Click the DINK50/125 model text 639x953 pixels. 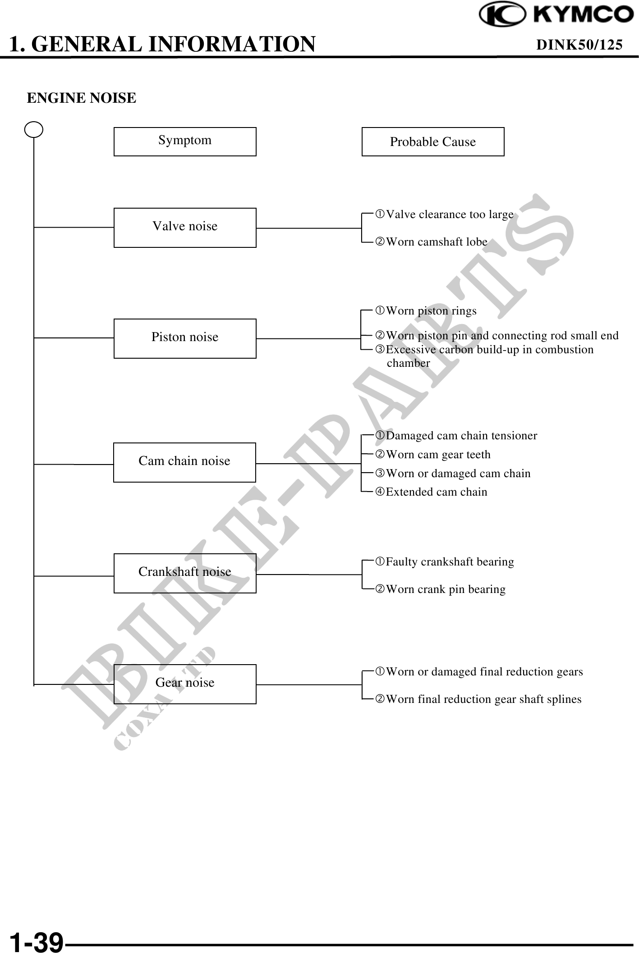(x=579, y=44)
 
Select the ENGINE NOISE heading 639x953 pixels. (x=82, y=98)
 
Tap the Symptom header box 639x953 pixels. (x=185, y=141)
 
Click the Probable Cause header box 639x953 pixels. (x=433, y=141)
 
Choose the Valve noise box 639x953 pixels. (x=185, y=228)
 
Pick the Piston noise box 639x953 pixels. (x=185, y=338)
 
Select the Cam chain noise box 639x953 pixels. (x=184, y=462)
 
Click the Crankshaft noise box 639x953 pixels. (x=185, y=573)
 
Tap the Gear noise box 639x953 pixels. (x=185, y=684)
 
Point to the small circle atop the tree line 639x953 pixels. (x=34, y=130)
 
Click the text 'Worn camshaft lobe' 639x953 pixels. (x=437, y=242)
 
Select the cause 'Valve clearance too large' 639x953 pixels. (x=450, y=214)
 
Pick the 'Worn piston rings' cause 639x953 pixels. (x=431, y=311)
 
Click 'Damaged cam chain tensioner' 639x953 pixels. (x=461, y=436)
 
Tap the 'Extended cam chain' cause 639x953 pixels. (x=437, y=492)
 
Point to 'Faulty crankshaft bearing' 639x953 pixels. (x=450, y=562)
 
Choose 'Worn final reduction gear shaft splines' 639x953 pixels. (x=483, y=699)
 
